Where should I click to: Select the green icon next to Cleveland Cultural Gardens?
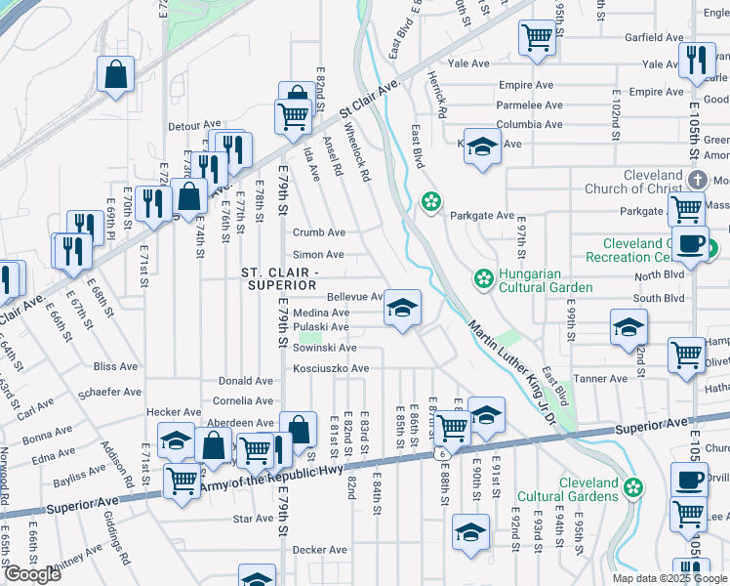click(633, 486)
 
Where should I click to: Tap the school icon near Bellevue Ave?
click(401, 308)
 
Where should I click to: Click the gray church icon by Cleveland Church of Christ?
click(697, 181)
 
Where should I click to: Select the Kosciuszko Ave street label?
click(332, 368)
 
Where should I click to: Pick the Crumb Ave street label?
click(319, 232)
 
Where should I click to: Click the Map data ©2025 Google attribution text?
click(669, 578)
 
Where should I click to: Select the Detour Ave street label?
click(194, 125)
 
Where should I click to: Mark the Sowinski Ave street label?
click(325, 348)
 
